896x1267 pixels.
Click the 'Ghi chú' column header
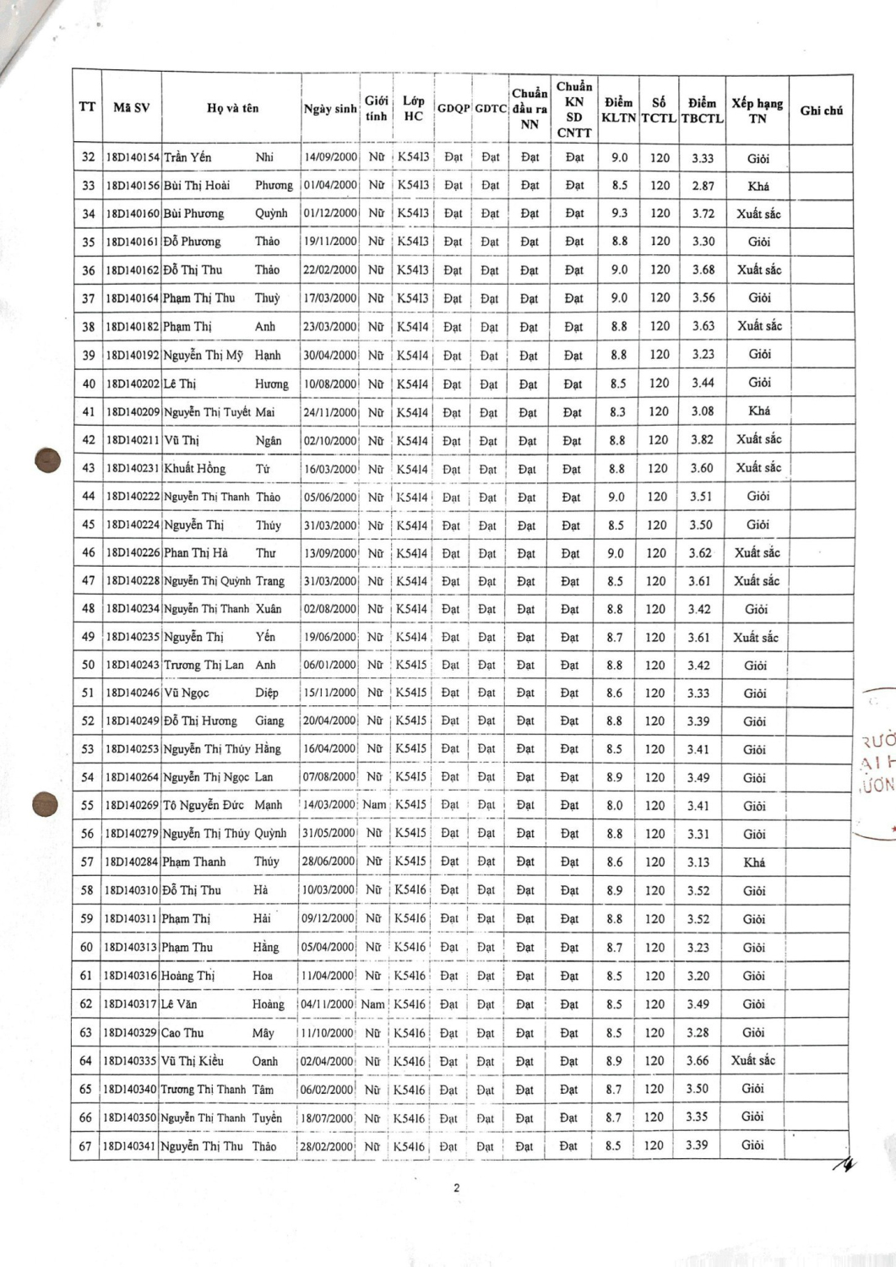[x=821, y=111]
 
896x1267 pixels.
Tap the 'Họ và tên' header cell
[x=232, y=108]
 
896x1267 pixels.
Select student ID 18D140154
[x=132, y=157]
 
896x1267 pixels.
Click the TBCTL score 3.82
[x=701, y=439]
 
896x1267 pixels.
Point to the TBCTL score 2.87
[x=703, y=186]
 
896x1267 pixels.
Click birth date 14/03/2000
[x=329, y=805]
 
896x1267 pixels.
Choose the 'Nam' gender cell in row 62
[x=372, y=1004]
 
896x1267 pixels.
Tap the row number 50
[x=88, y=665]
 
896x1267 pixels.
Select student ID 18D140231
[x=133, y=468]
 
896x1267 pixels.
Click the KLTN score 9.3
[x=619, y=214]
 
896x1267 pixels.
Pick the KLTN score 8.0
[x=614, y=806]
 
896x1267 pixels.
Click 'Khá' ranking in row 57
[x=754, y=862]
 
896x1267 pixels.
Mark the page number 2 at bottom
[x=457, y=1188]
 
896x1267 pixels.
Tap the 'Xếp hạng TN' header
[x=758, y=111]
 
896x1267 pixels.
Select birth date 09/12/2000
[x=328, y=919]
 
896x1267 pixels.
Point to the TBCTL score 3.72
[x=703, y=214]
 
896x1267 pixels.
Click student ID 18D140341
[x=129, y=1146]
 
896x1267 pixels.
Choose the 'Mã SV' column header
[x=132, y=108]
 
